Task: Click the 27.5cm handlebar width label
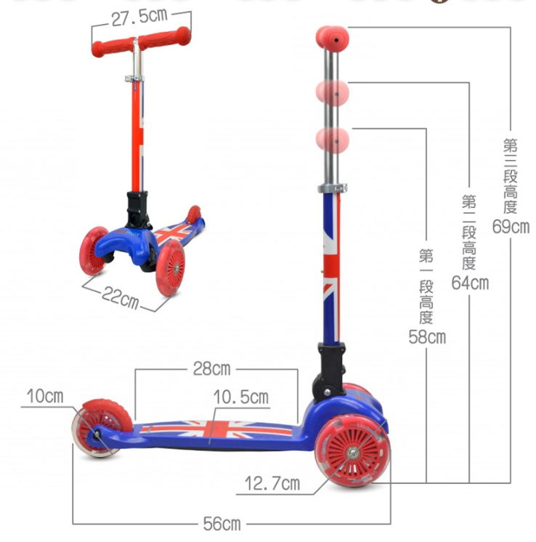pyautogui.click(x=139, y=17)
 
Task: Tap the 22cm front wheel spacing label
pyautogui.click(x=121, y=298)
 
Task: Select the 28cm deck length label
pyautogui.click(x=211, y=369)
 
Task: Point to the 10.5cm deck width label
pyautogui.click(x=241, y=397)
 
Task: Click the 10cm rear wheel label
pyautogui.click(x=45, y=396)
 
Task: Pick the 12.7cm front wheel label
pyautogui.click(x=272, y=484)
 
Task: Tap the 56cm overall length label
pyautogui.click(x=222, y=524)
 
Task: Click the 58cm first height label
pyautogui.click(x=427, y=337)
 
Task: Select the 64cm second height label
pyautogui.click(x=470, y=283)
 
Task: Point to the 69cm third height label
pyautogui.click(x=511, y=227)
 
